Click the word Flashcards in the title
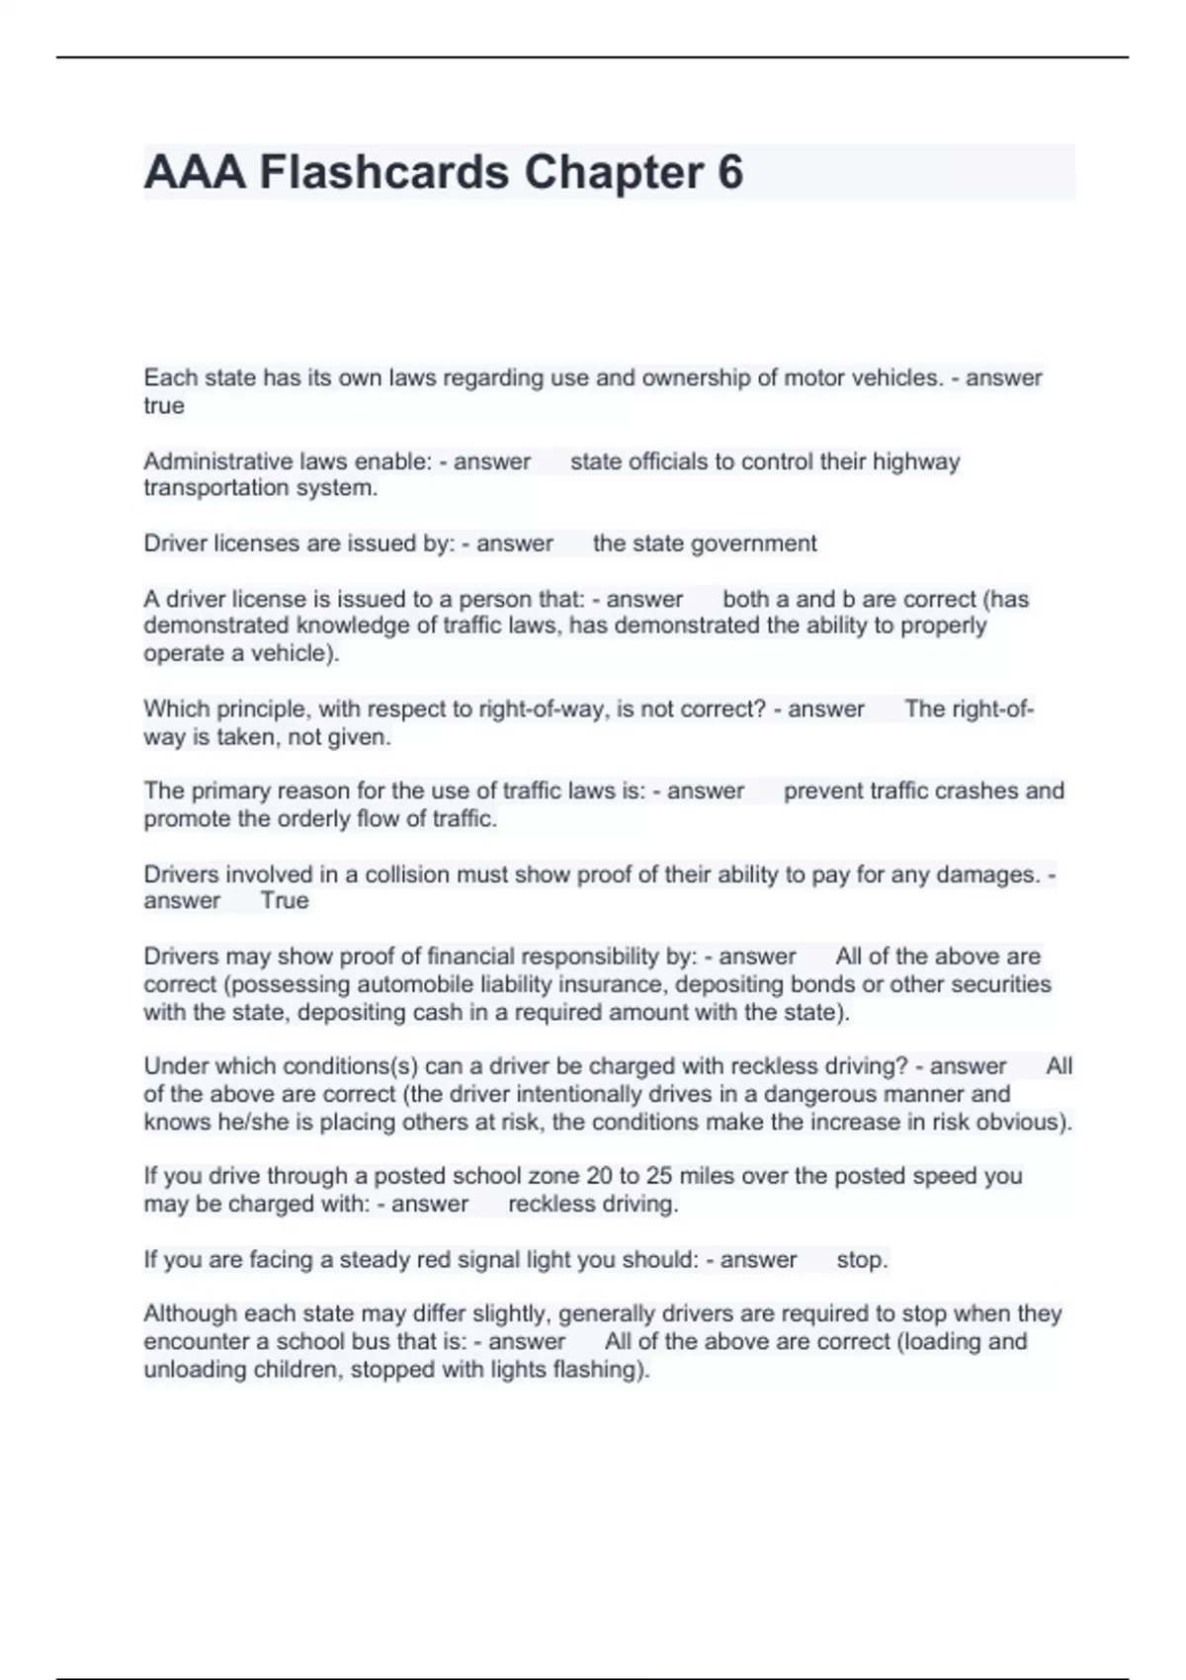383,173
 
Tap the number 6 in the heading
729,173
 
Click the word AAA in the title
195,173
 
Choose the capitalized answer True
285,901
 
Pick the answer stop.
862,1260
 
